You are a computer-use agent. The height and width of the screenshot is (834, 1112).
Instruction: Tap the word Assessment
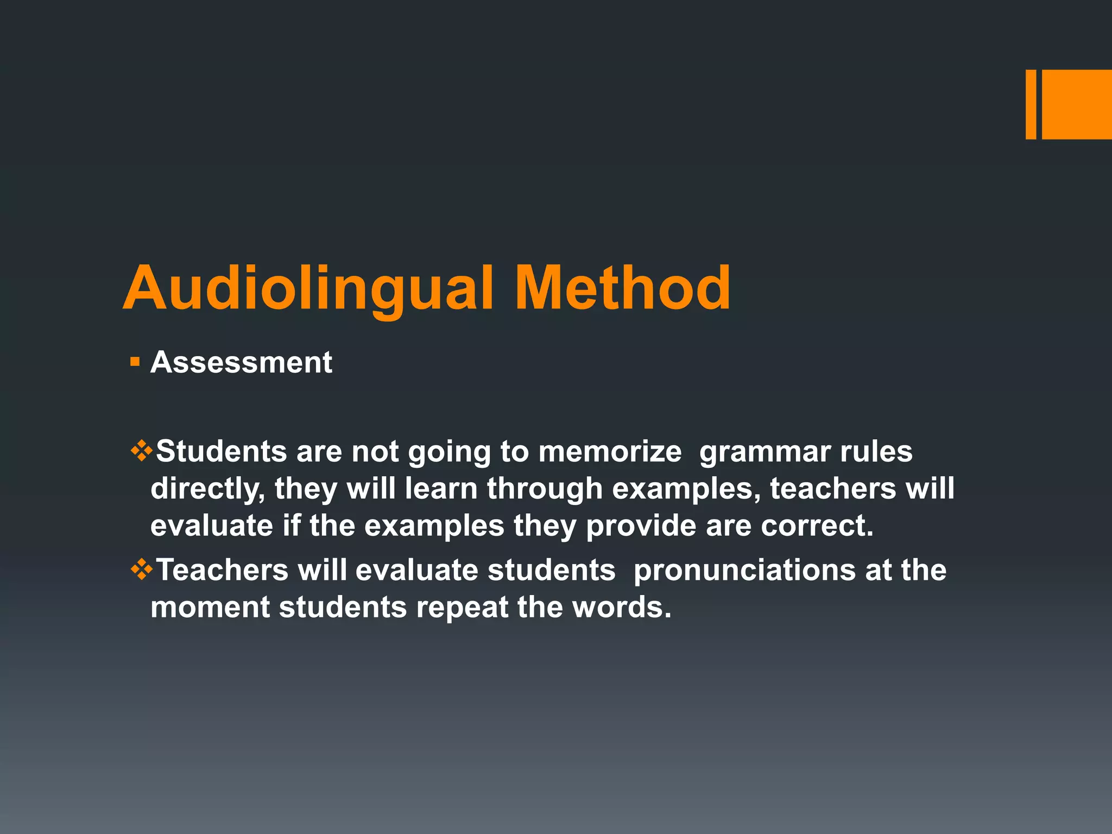point(241,362)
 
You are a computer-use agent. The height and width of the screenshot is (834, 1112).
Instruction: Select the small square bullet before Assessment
point(135,361)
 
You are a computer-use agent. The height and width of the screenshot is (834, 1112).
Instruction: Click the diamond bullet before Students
point(141,451)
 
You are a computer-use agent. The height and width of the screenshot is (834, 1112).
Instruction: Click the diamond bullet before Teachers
point(141,570)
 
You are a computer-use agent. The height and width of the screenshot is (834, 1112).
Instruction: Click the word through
point(545,489)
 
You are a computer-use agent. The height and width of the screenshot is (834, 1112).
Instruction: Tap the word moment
point(210,607)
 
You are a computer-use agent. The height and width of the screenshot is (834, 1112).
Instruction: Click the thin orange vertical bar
point(1031,104)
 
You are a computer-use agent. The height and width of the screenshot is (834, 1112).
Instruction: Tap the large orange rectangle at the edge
point(1077,104)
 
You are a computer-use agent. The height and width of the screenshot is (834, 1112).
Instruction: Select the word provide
point(641,526)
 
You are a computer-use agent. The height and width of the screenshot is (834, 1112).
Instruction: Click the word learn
point(441,489)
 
